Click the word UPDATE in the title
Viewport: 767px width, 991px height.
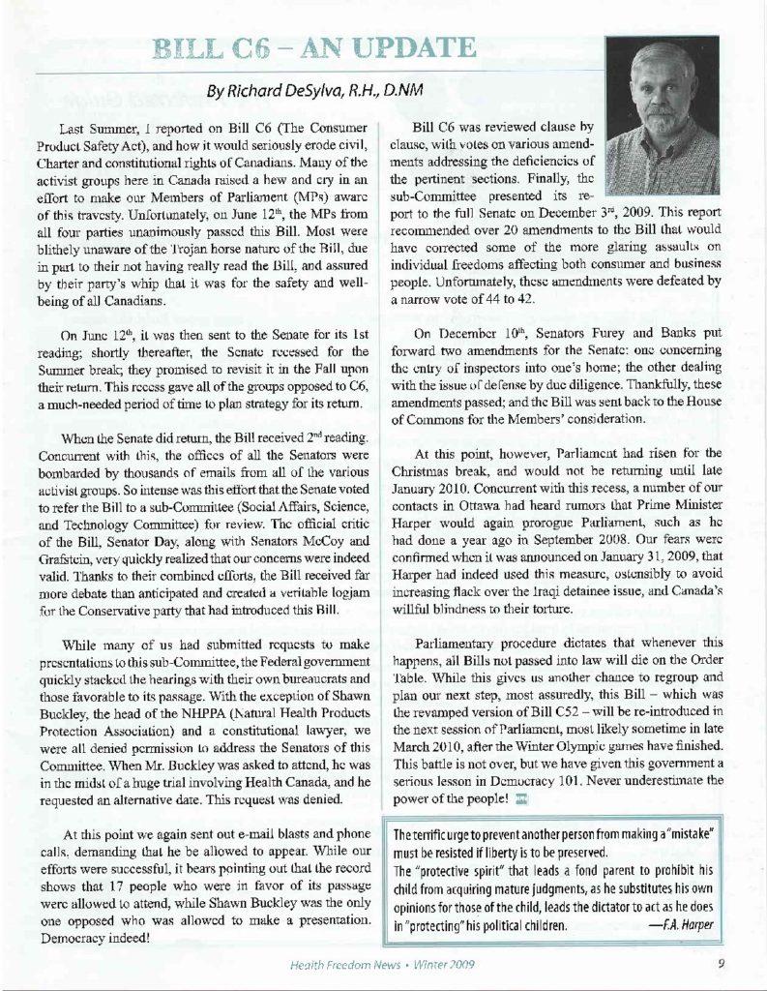396,47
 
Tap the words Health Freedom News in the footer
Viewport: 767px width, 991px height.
339,963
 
